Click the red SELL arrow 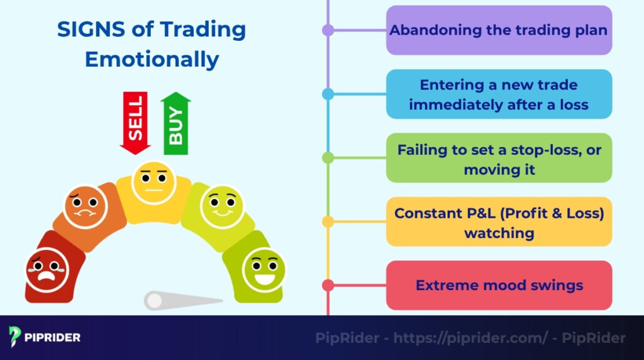[x=135, y=122]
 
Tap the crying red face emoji [x=46, y=269]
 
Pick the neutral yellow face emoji [x=153, y=183]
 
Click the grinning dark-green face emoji [x=264, y=269]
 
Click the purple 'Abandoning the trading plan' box [x=499, y=30]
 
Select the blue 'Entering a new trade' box [x=499, y=94]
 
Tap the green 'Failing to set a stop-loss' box [x=499, y=158]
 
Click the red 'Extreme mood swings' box [x=499, y=285]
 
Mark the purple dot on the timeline [x=328, y=30]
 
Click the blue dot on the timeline [x=328, y=94]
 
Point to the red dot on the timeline [x=328, y=285]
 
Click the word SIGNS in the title [x=93, y=29]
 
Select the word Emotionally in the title [x=152, y=59]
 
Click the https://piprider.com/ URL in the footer [x=470, y=338]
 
